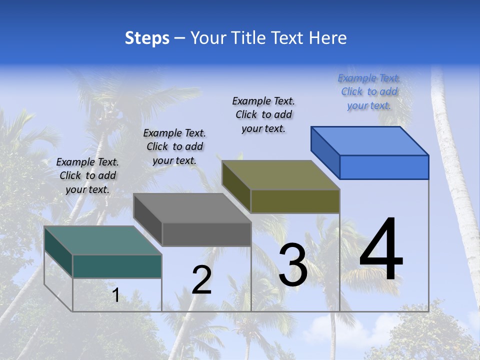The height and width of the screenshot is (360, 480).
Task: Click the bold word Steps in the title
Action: click(147, 38)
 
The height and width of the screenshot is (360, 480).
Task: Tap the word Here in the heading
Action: click(327, 38)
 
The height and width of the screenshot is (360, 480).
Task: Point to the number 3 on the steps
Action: click(293, 265)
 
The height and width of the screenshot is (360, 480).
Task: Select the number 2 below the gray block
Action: click(201, 280)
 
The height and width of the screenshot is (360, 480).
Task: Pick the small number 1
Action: click(115, 295)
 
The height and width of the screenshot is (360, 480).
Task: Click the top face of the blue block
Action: click(370, 140)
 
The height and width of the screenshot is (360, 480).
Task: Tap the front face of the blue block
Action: click(384, 167)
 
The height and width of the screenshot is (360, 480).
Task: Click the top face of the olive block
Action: click(280, 174)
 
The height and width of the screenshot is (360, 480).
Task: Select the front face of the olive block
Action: click(295, 201)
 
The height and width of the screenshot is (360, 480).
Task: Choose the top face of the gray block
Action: click(192, 207)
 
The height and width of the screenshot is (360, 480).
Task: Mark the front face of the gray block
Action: click(206, 234)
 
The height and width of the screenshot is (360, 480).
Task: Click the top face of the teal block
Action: click(103, 240)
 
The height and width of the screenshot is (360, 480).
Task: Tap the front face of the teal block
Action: click(117, 266)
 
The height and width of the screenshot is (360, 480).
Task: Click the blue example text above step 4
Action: click(369, 92)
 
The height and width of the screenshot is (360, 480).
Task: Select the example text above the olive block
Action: click(263, 115)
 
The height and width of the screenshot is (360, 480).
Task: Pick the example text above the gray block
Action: click(174, 146)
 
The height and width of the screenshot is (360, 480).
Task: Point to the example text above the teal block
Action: click(87, 175)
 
